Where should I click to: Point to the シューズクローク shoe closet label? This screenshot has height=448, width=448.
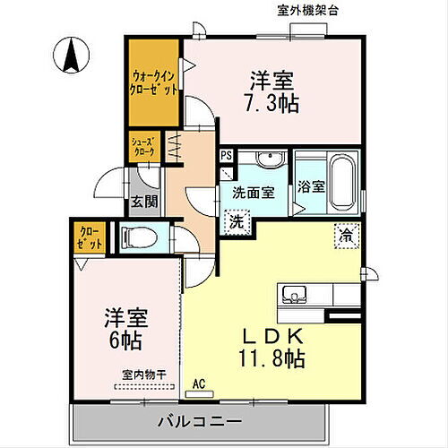click(144, 147)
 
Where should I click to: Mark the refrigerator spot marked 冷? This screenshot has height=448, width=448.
click(345, 235)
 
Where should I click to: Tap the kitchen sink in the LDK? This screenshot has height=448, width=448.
click(295, 293)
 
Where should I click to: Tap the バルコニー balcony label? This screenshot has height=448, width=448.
click(216, 420)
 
